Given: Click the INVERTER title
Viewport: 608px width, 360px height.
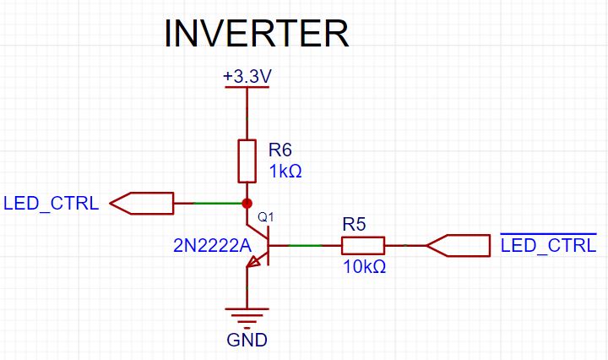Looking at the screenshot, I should coord(256,34).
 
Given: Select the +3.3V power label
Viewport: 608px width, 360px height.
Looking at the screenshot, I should coord(247,76).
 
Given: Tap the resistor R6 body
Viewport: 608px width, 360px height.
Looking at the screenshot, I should coord(247,161).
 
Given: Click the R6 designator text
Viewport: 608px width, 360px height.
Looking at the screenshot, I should coord(280,150).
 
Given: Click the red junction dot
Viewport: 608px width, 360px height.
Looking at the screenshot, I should coord(247,204).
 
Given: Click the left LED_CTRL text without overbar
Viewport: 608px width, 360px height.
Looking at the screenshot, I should coord(52,204).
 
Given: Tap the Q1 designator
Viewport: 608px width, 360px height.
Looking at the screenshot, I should coord(265,218).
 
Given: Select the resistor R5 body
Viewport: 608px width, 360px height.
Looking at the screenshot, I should coord(363,246).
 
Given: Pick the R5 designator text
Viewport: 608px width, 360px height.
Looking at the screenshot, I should coord(354,225).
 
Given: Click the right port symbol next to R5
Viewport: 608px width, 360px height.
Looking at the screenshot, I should coord(459,246).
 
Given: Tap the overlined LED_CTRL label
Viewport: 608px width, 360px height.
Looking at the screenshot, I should coord(548,246).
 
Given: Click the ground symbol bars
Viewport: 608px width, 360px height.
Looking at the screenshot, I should coord(247,319).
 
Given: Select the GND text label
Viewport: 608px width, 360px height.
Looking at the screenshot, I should coord(247,341).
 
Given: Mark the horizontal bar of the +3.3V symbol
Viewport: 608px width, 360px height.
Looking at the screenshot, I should coord(247,87).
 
